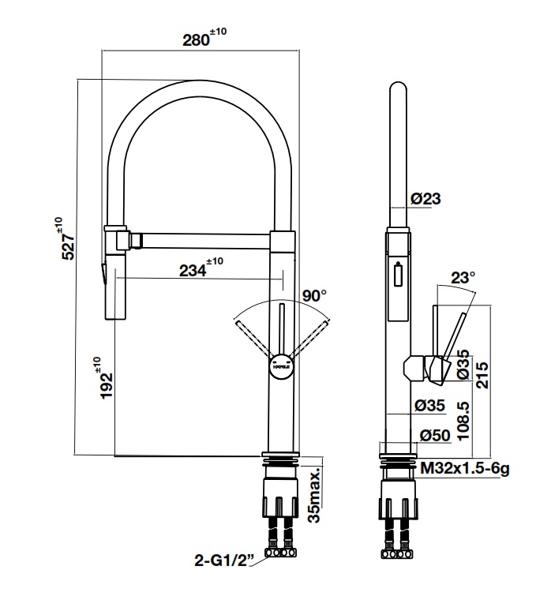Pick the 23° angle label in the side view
463,278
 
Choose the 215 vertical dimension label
483,371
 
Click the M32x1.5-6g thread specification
464,469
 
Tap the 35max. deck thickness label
315,494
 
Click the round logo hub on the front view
280,366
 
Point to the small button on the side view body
397,276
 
